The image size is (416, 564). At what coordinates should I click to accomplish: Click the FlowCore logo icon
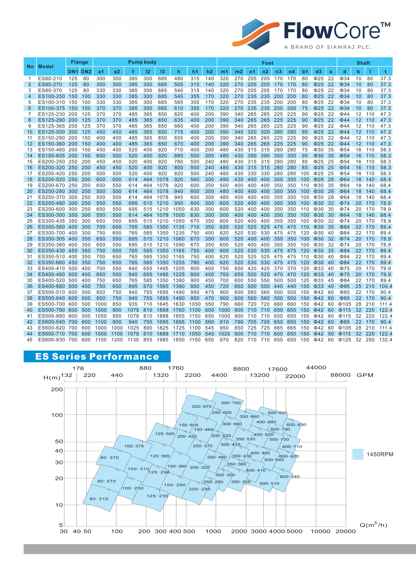point(256,34)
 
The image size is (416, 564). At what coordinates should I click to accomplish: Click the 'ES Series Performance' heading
point(97,356)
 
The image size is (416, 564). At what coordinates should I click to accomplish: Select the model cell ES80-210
point(50,78)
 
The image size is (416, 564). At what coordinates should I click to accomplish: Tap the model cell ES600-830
point(51,340)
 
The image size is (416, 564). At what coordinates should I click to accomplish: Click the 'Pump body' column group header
point(142,62)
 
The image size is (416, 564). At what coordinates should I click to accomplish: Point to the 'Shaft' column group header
point(363,63)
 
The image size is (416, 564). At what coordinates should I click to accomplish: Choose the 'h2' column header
point(210,71)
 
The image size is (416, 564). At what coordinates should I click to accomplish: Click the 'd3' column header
point(319,71)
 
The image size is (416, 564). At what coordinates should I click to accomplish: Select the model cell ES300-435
point(51,221)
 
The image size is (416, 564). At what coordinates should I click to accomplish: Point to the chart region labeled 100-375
point(134,446)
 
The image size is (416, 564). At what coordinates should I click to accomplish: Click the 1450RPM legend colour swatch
point(358,454)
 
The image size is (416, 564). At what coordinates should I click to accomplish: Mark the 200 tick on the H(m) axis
point(57,389)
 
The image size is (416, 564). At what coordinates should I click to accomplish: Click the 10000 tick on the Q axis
point(320,531)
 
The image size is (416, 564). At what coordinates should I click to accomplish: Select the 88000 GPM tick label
point(341,375)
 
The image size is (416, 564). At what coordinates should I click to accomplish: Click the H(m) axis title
point(52,377)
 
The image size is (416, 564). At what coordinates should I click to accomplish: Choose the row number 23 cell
point(30,209)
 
